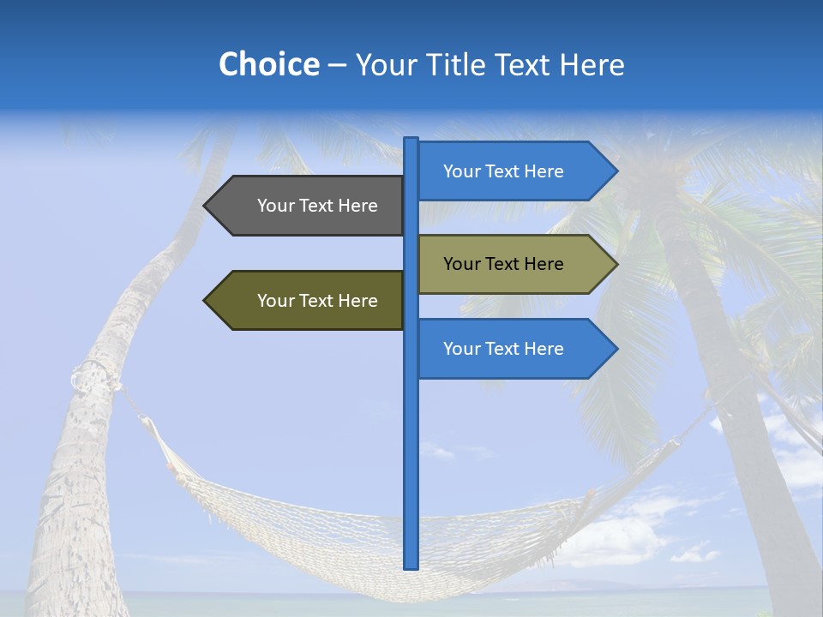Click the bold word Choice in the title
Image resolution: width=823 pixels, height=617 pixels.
(x=268, y=64)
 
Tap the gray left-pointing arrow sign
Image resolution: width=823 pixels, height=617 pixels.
(x=309, y=206)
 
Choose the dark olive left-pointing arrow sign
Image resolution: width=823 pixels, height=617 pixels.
(x=309, y=301)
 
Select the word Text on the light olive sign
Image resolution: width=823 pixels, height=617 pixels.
(x=503, y=264)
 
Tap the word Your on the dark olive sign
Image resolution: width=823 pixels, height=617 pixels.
(x=276, y=301)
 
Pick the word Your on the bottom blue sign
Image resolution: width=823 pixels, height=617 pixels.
(x=462, y=349)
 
